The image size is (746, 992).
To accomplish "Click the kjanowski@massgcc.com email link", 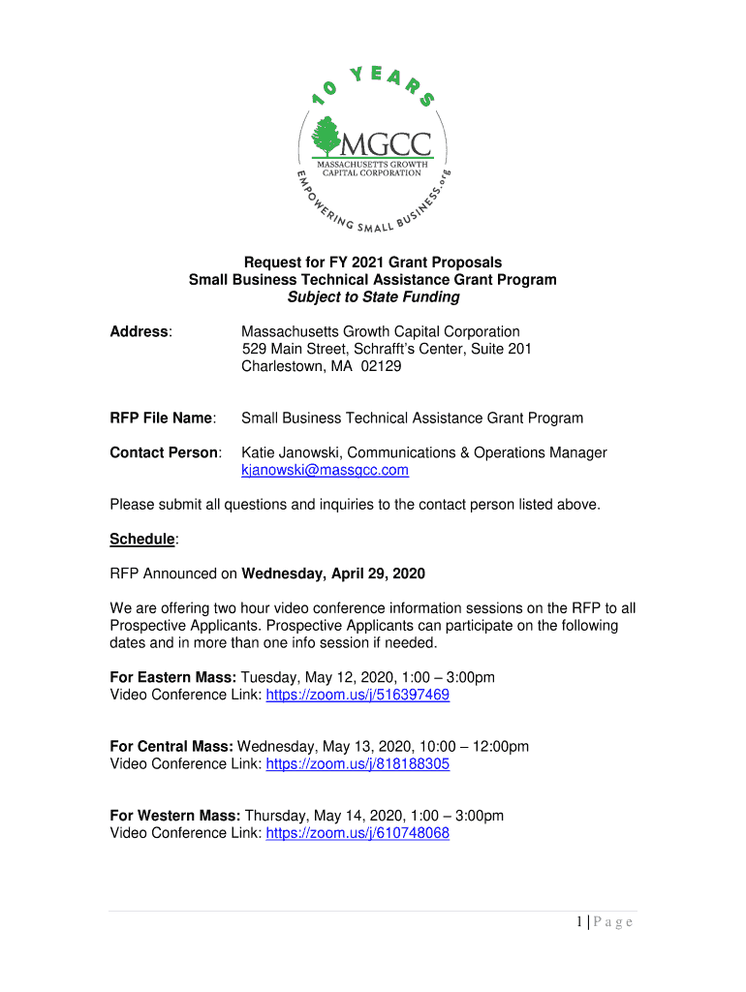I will (x=325, y=471).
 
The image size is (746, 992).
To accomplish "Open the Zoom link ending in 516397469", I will (x=357, y=696).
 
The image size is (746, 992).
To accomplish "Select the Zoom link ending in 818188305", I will (x=357, y=764).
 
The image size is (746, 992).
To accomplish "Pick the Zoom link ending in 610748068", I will (x=357, y=833).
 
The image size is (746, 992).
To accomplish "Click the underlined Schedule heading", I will (x=142, y=539).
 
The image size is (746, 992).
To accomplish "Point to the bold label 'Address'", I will (x=140, y=332).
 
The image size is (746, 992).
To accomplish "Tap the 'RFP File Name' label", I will (x=161, y=418).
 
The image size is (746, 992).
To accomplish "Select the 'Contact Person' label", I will (x=165, y=453).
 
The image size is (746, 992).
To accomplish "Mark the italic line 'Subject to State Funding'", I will (x=373, y=298).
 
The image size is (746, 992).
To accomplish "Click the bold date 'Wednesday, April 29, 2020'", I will (x=333, y=573).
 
